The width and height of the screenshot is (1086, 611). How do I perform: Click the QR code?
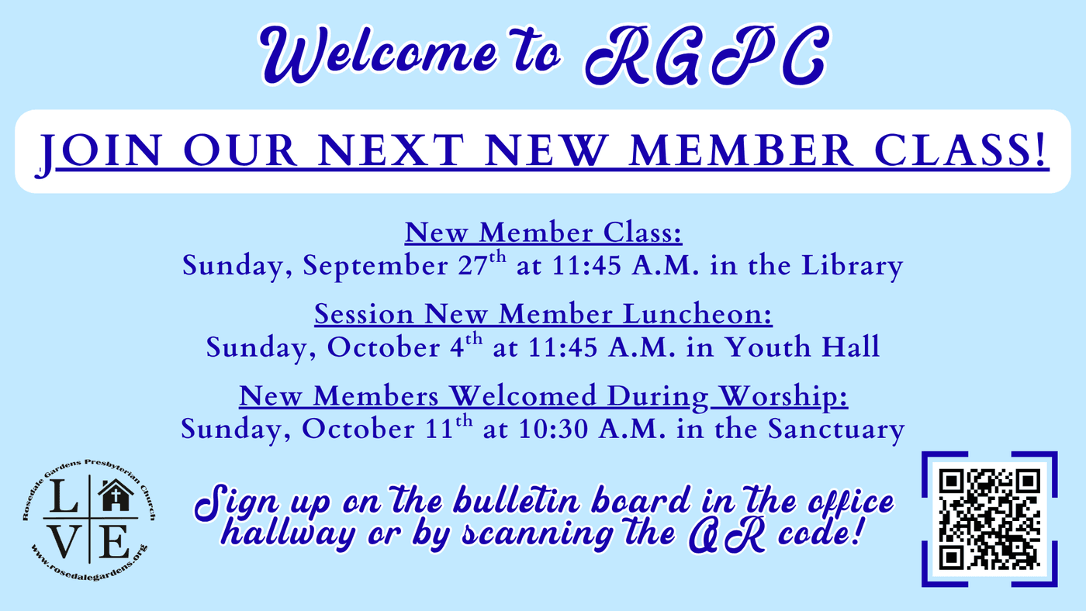pos(990,519)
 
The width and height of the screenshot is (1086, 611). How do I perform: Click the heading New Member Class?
pos(544,233)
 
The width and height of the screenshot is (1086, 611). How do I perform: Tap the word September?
pos(375,266)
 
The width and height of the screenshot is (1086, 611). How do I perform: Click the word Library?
pos(852,266)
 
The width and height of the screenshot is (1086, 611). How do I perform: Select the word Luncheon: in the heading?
pos(697,314)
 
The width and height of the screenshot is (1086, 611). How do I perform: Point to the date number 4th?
pos(466,346)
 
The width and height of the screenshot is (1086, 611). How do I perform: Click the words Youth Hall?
pos(802,347)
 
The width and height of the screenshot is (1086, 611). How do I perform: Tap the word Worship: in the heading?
pos(783,397)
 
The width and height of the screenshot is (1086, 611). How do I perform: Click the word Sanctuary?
pos(836,430)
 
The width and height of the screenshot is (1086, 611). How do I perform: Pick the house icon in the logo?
pos(116,495)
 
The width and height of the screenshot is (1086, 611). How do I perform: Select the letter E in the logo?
pos(114,541)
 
